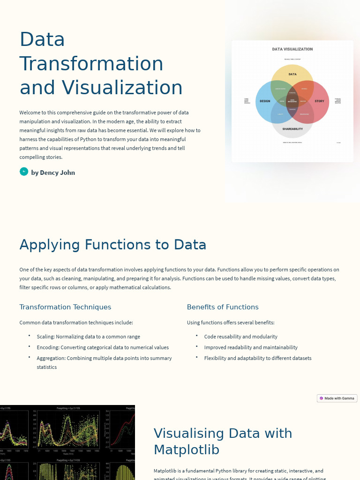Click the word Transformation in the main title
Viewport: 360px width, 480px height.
[x=91, y=64]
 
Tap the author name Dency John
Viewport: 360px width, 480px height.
[x=53, y=172]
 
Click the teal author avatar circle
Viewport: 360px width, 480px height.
[x=24, y=172]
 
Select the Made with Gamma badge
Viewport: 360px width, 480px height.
[x=337, y=398]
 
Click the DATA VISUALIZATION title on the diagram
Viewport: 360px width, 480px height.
[x=292, y=49]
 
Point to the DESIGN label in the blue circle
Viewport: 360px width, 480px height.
[x=265, y=101]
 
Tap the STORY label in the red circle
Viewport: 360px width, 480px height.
[x=319, y=101]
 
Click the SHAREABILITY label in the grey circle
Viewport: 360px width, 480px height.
[x=292, y=129]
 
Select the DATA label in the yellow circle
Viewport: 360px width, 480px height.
[x=292, y=74]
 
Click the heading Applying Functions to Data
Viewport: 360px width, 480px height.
[x=112, y=245]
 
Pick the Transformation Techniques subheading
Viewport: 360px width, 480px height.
[x=65, y=307]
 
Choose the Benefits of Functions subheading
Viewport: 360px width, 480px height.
[x=223, y=307]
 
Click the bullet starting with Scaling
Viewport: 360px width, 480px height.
[x=88, y=337]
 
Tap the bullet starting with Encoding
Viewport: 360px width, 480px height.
[x=103, y=347]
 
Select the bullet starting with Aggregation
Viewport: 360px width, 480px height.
[x=104, y=358]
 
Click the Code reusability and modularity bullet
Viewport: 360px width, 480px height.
[x=240, y=337]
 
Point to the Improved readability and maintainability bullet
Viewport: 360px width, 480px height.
[x=251, y=347]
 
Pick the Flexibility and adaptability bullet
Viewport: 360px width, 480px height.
[x=257, y=358]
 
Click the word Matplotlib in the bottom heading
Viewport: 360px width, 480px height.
[x=187, y=450]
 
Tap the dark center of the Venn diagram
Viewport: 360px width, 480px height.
[x=292, y=101]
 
